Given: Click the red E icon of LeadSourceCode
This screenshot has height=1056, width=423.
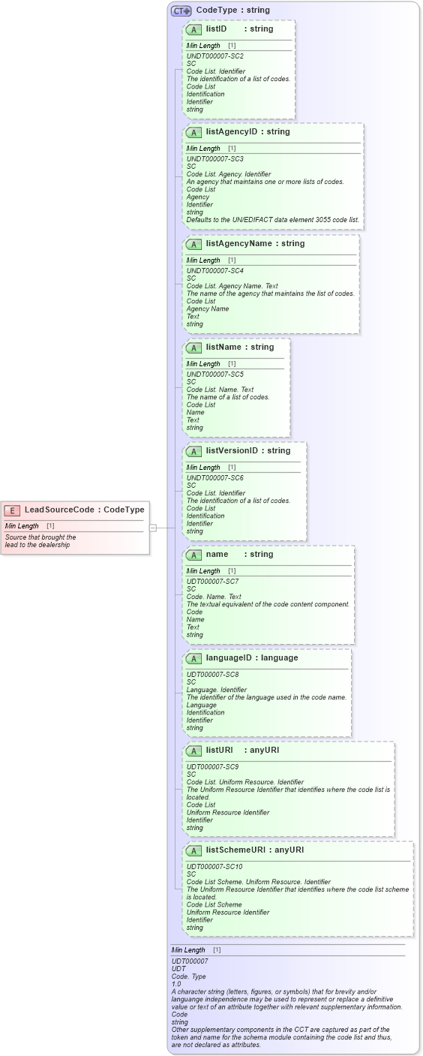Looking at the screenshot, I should pos(13,510).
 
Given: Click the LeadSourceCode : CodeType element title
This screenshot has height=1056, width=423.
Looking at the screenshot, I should pos(84,510).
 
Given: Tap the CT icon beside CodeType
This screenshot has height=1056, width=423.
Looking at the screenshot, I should pos(181,11).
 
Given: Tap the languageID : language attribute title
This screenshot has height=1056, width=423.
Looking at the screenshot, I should pos(251,658).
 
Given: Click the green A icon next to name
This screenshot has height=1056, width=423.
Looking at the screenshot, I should pos(193,555).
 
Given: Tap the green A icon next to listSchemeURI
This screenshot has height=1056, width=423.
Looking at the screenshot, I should pos(193,850).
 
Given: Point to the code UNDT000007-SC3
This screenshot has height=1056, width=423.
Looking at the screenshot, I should pos(214,159).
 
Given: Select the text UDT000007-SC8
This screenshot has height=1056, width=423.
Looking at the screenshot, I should pos(212,675).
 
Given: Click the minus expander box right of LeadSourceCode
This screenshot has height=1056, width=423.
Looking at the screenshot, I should pos(153,528).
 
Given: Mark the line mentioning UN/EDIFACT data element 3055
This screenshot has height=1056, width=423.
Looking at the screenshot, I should pos(272,220).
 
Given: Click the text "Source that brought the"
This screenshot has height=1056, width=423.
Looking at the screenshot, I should pos(40,537).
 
